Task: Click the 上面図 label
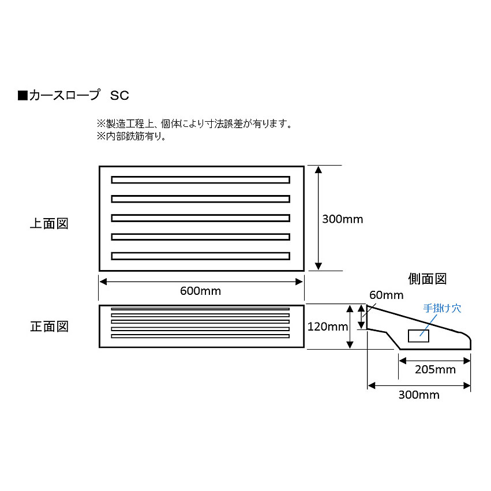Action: point(49,223)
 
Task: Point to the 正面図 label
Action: point(49,327)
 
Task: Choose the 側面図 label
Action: point(427,279)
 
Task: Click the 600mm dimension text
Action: point(200,291)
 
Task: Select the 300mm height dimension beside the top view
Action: point(343,219)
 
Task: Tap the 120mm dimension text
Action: point(327,327)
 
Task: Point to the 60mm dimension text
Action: point(386,295)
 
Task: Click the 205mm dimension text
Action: point(435,370)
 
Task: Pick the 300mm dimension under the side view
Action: point(419,395)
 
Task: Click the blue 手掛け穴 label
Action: point(442,308)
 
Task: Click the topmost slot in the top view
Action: point(200,179)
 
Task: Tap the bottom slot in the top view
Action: point(200,256)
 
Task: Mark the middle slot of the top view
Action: point(200,218)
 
